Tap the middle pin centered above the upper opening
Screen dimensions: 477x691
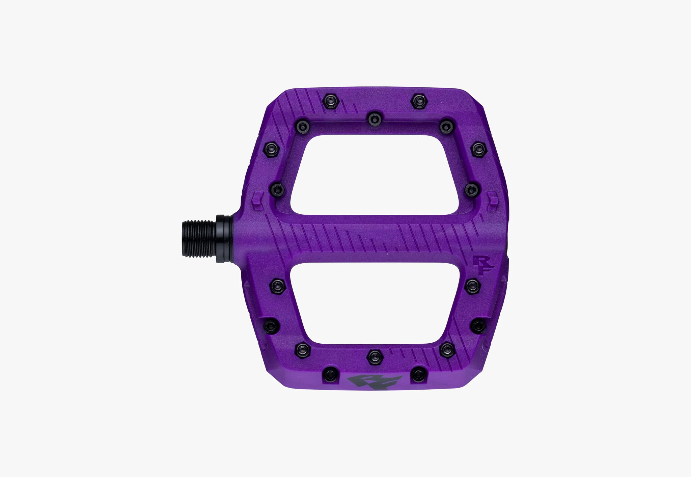tap(374, 118)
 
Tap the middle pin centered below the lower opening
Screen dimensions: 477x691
tap(374, 357)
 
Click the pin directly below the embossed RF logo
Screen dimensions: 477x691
tap(472, 286)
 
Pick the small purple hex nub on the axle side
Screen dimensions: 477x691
tap(257, 199)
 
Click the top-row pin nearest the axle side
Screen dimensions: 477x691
tap(329, 101)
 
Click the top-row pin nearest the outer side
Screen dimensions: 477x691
tap(418, 101)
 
